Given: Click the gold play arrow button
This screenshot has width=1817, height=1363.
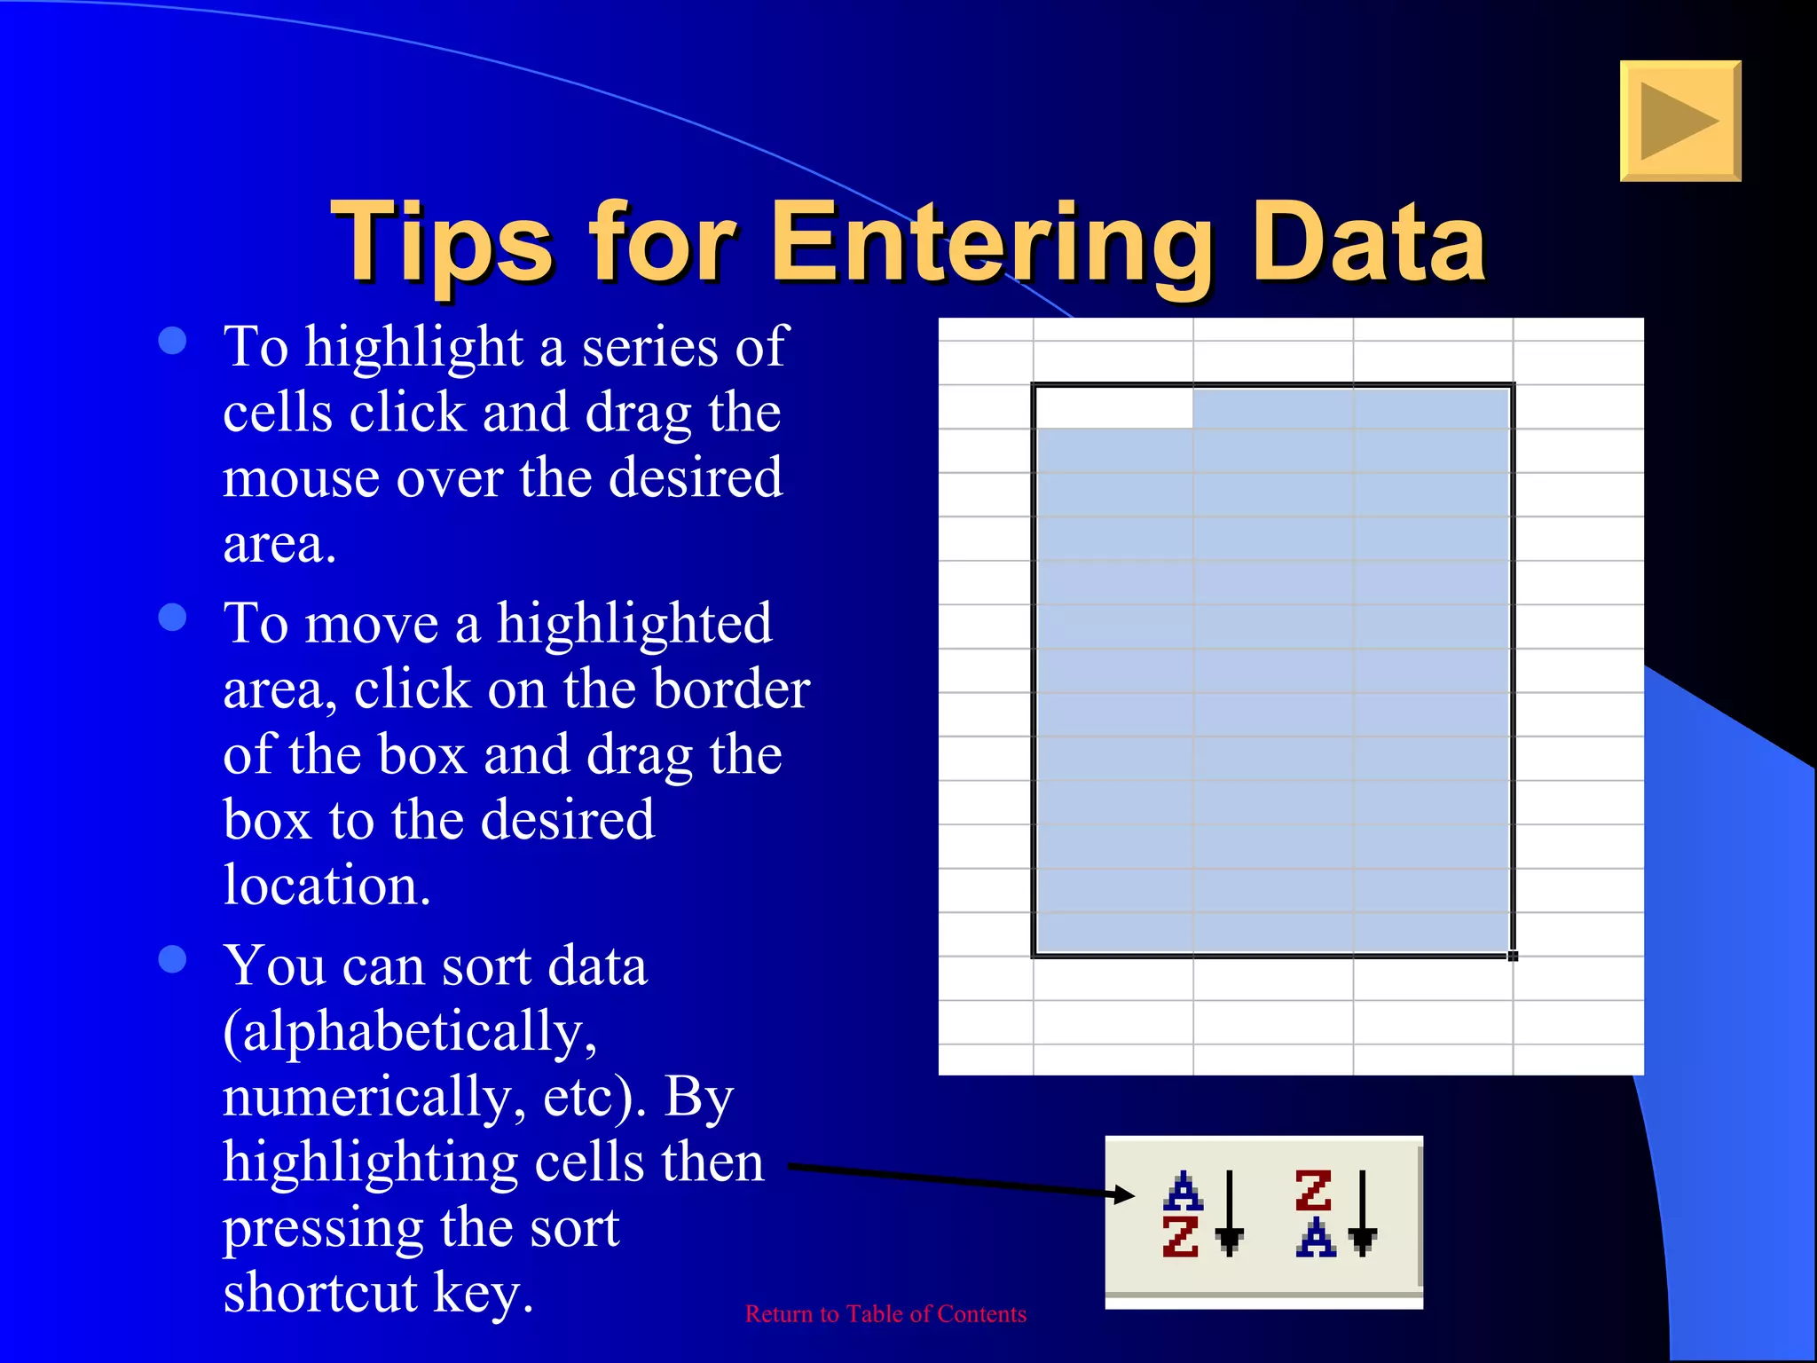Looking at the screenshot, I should (1679, 122).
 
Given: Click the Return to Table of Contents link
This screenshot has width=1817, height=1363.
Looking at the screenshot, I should (885, 1314).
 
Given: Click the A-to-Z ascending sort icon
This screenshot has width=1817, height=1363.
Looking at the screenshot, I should (1202, 1214).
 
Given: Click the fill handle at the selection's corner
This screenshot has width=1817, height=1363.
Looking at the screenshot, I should (1513, 956).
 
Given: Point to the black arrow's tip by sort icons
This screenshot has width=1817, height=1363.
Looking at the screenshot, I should (1133, 1195).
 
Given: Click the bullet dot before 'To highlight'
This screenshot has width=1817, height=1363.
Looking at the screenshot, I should (172, 342).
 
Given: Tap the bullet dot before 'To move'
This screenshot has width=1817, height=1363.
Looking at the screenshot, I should (172, 618).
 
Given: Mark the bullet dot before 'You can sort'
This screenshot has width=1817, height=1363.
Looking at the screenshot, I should (172, 959).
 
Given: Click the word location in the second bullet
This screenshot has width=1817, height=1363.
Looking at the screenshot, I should (326, 886).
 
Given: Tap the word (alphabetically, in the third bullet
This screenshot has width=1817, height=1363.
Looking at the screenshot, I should (410, 1032).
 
